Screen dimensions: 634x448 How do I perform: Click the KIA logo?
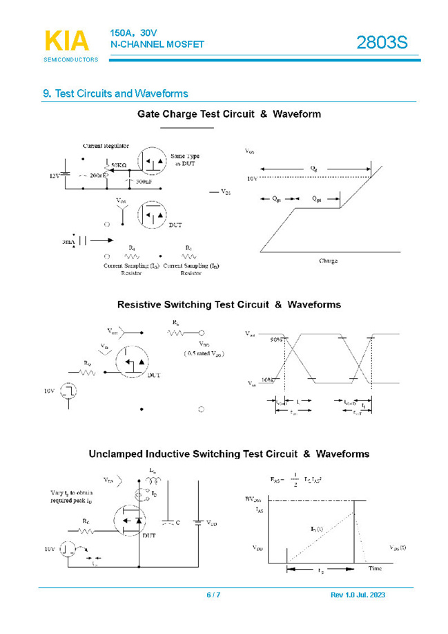[x=67, y=41]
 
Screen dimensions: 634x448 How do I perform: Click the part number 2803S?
[x=382, y=43]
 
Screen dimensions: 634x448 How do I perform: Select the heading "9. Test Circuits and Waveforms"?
[x=115, y=93]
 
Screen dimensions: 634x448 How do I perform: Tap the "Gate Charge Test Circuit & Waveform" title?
[x=228, y=114]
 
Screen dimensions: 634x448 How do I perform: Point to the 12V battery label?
[x=54, y=176]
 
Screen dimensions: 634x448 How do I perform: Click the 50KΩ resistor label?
[x=119, y=166]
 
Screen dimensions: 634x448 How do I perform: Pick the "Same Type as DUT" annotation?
[x=186, y=160]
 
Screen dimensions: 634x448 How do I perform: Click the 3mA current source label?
[x=68, y=242]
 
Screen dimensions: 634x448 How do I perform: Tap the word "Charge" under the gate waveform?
[x=328, y=261]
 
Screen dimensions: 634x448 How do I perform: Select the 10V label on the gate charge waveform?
[x=251, y=178]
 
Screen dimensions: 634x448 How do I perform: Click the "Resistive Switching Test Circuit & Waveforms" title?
[x=228, y=304]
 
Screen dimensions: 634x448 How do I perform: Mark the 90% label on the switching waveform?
[x=275, y=339]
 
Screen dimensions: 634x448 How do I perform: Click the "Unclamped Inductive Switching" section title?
[x=219, y=454]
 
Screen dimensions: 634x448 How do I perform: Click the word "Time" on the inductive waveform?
[x=374, y=568]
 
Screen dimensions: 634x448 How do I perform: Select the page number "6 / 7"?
[x=213, y=595]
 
